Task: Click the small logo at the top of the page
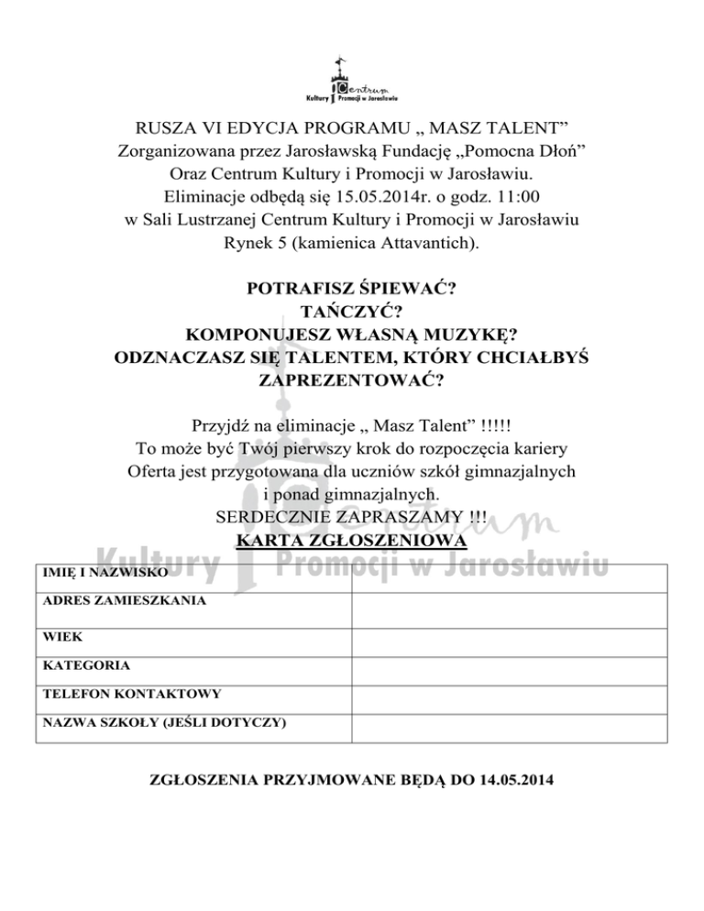[352, 82]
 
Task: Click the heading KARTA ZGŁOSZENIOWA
[352, 542]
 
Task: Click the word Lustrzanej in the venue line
[227, 219]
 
